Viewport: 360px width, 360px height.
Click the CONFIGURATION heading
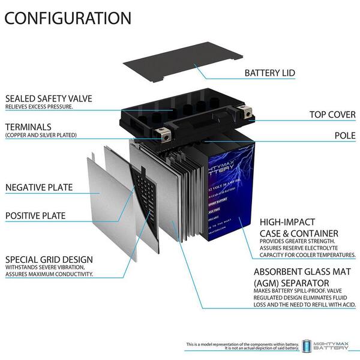click(x=68, y=18)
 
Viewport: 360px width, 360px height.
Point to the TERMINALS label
click(x=28, y=127)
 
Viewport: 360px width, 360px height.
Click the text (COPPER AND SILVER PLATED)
click(x=41, y=136)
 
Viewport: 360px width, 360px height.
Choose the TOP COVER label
click(x=332, y=114)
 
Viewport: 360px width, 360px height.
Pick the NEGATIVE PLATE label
click(x=39, y=188)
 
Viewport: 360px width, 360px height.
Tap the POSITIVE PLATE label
click(x=35, y=215)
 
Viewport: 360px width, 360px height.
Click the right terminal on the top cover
click(x=246, y=112)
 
